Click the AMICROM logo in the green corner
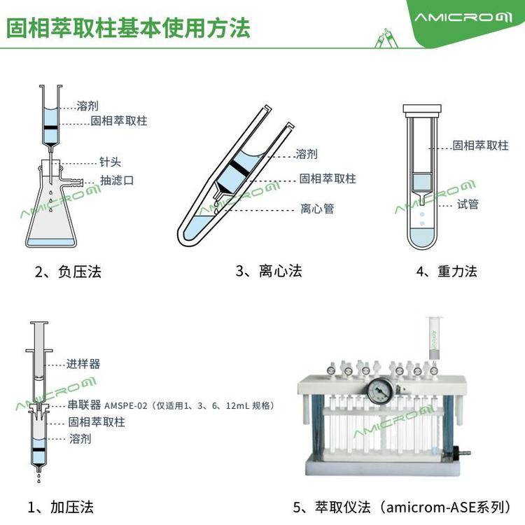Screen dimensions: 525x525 (463, 17)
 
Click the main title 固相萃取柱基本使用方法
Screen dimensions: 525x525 (128, 28)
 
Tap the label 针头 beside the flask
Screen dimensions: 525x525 (110, 162)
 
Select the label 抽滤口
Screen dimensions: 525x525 (117, 181)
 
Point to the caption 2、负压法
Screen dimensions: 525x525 (69, 272)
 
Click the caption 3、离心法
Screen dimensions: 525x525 (269, 271)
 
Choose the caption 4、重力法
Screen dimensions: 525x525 (447, 271)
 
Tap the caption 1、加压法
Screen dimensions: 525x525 (61, 507)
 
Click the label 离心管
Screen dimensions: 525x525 (317, 209)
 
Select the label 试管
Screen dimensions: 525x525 (468, 204)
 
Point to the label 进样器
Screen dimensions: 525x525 (83, 363)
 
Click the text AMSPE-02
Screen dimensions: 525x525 (126, 406)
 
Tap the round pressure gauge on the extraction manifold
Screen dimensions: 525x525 (380, 391)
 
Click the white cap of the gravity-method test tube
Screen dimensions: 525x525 (422, 109)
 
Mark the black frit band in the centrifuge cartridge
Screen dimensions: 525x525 (241, 167)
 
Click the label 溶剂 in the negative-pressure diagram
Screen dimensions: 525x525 (87, 106)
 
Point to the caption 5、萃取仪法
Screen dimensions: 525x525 (402, 507)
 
